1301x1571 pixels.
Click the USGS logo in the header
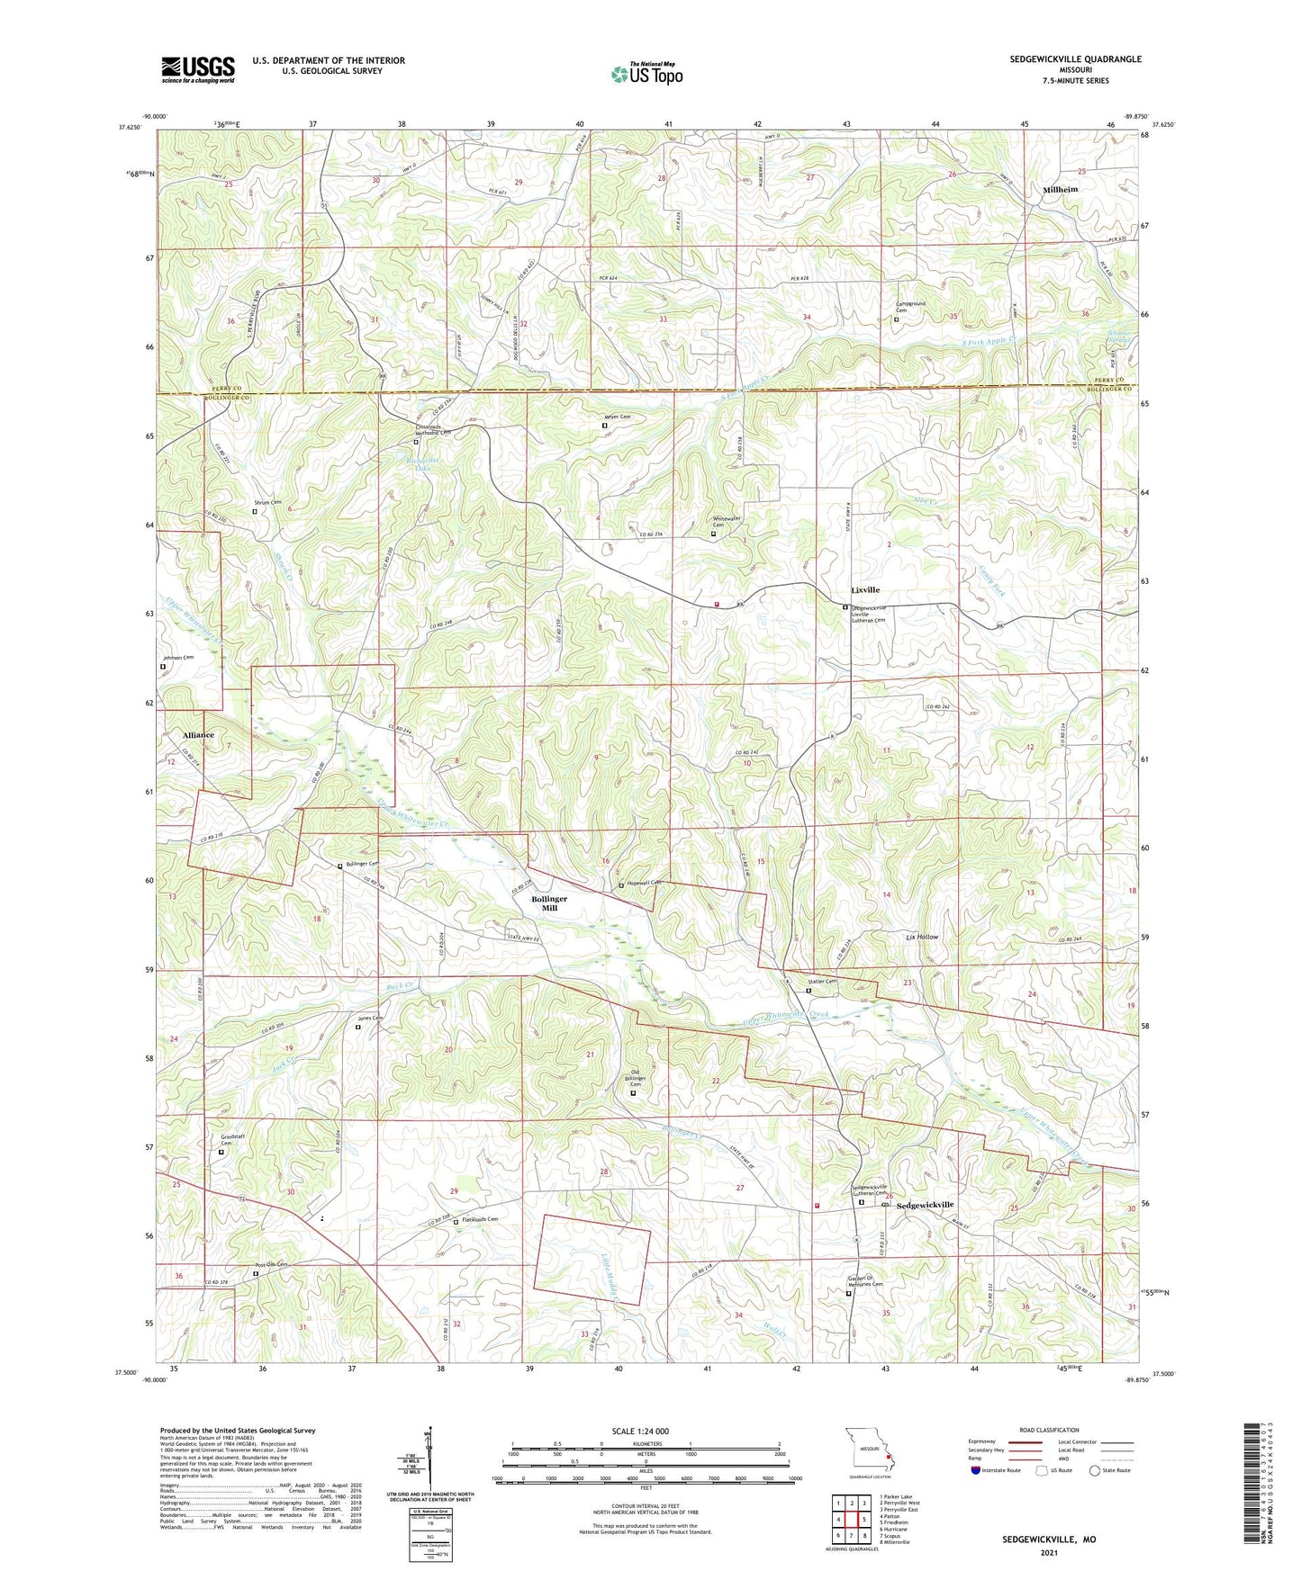point(198,69)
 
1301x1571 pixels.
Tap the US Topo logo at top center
point(646,74)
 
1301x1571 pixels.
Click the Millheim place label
point(1060,190)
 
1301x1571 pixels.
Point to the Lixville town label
point(865,590)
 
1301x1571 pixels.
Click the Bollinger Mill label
point(549,903)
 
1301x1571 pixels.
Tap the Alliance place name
point(198,735)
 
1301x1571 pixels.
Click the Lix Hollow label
point(922,937)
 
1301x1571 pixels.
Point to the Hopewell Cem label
point(645,883)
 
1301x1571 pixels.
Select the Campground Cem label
point(910,307)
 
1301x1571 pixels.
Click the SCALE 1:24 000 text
point(640,1431)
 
